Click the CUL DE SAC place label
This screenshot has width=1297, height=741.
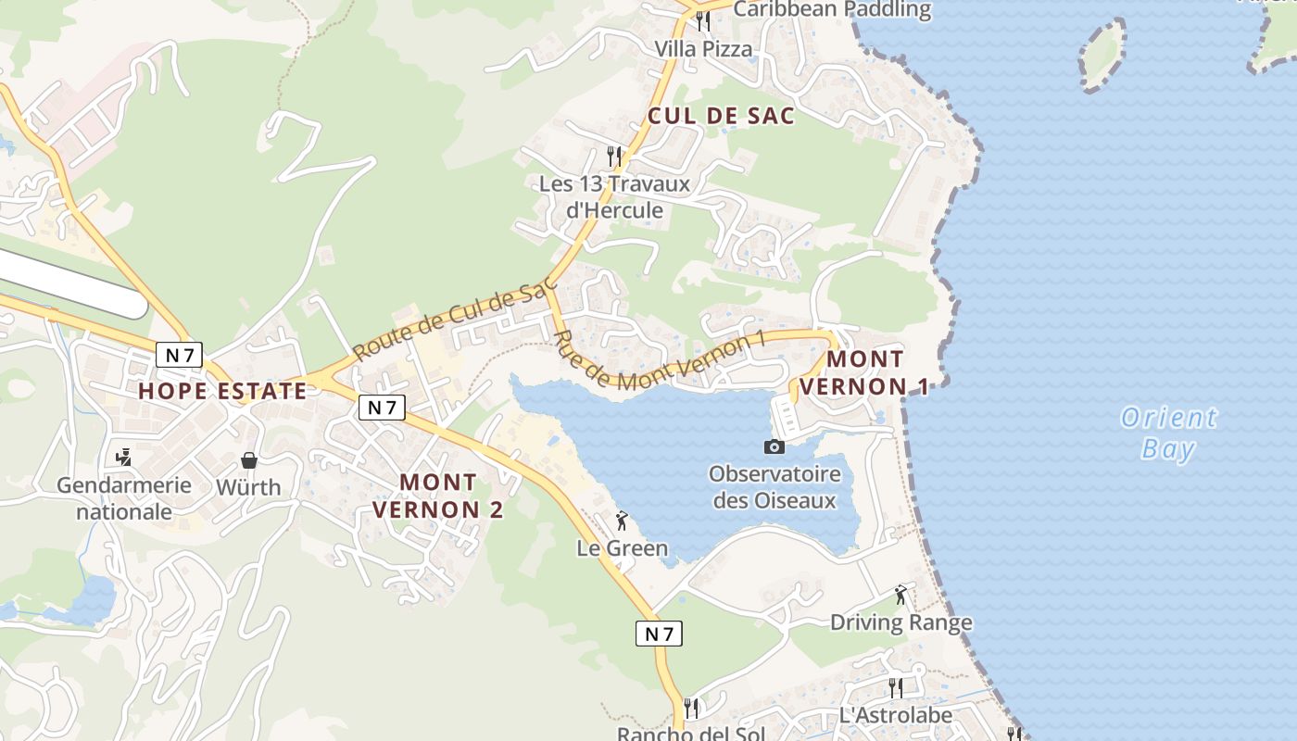coord(722,116)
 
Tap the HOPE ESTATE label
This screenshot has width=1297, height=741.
coord(222,391)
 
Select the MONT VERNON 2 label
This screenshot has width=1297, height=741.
coord(438,496)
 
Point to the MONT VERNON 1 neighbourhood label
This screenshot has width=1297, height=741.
coord(864,372)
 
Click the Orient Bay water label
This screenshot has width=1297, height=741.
coord(1168,433)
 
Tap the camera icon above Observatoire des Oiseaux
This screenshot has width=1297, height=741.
coord(774,446)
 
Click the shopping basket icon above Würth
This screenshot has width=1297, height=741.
coord(248,459)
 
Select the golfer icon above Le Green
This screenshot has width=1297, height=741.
coord(622,521)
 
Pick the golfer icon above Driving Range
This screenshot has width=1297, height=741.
coord(900,595)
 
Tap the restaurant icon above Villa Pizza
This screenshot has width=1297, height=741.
coord(703,20)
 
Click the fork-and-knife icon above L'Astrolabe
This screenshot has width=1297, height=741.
coord(896,687)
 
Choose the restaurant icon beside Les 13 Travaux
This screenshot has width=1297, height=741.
coord(613,156)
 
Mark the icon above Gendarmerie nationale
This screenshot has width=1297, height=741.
coord(123,457)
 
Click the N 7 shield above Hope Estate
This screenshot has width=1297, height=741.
coord(179,354)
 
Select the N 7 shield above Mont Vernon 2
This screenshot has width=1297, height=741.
coord(382,408)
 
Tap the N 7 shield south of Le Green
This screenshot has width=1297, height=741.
coord(659,634)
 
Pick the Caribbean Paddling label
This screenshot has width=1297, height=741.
coord(832,9)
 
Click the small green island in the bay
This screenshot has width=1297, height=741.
coord(1102,55)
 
